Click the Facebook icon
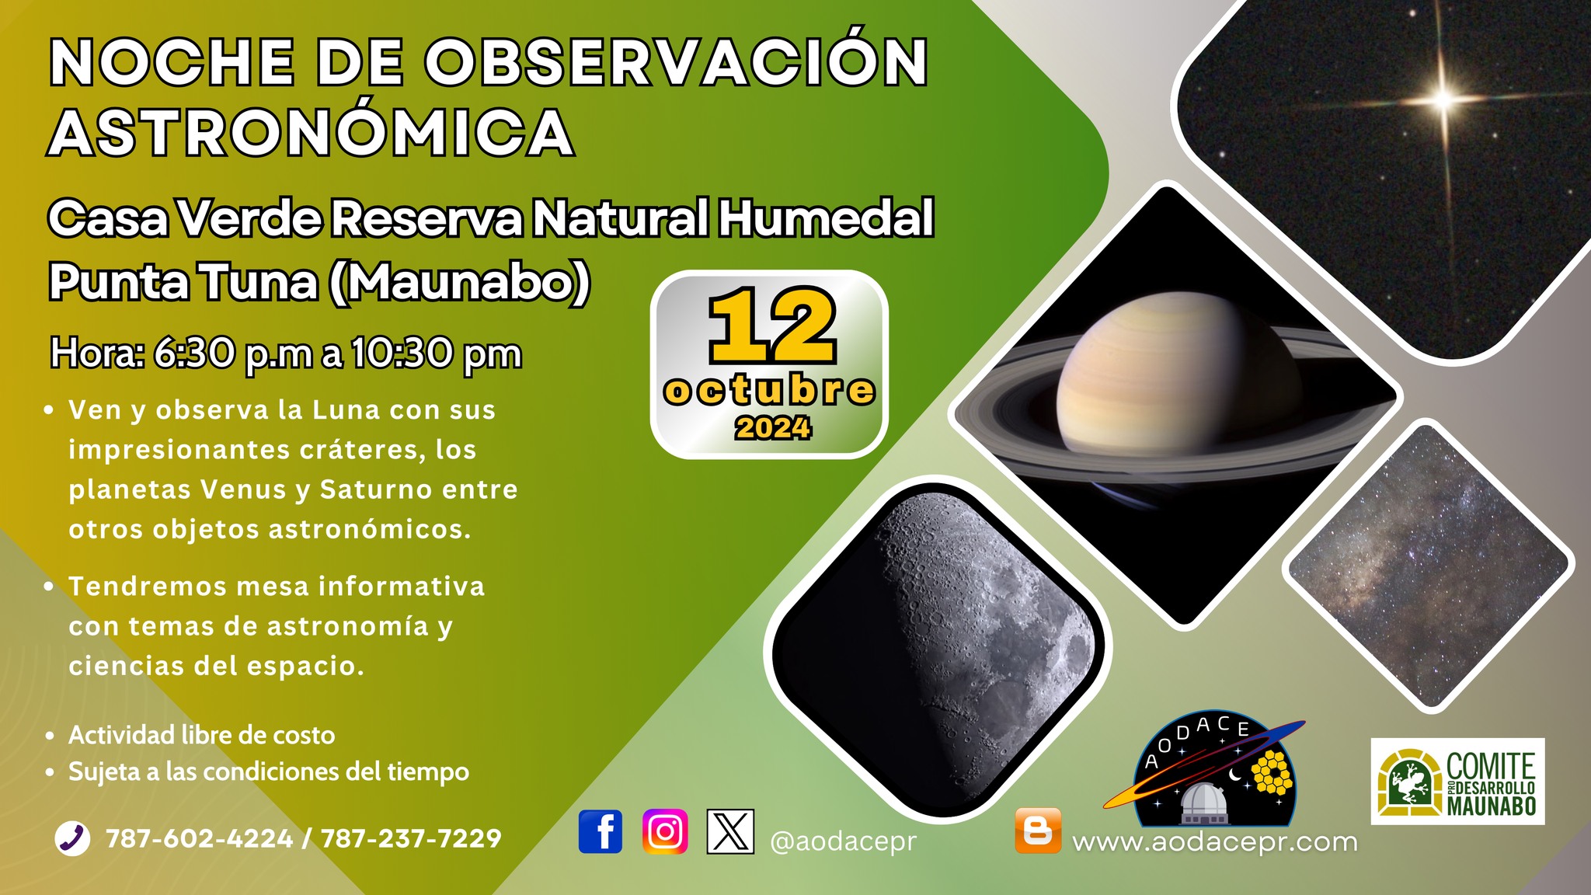tap(601, 831)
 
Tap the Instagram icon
tap(665, 831)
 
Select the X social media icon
tap(730, 831)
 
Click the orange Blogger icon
tap(1038, 831)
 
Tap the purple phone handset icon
tap(73, 838)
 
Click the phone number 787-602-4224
tap(199, 839)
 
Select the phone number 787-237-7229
tap(411, 839)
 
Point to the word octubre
tap(769, 390)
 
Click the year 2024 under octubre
tap(773, 428)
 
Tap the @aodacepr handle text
tap(843, 841)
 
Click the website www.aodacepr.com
tap(1214, 841)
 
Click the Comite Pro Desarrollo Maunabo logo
tap(1457, 782)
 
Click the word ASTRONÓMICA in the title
tap(311, 132)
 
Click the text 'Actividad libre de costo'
tap(201, 735)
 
